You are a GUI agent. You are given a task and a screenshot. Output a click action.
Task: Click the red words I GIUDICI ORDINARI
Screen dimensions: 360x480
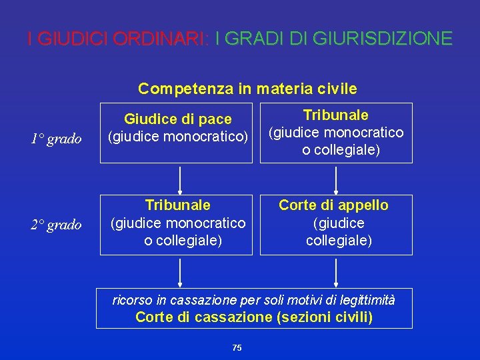[117, 39]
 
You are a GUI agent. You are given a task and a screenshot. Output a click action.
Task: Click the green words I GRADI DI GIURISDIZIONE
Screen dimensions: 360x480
[333, 39]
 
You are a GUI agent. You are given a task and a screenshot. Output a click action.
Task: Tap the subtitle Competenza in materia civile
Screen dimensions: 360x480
[247, 89]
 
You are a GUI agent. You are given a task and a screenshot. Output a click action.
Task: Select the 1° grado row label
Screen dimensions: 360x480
[56, 139]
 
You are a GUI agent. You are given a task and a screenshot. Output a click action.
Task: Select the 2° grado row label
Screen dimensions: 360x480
[56, 225]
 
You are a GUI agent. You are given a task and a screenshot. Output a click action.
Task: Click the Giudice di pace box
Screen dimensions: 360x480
[177, 133]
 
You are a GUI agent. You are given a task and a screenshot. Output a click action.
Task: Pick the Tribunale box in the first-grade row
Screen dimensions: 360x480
[336, 133]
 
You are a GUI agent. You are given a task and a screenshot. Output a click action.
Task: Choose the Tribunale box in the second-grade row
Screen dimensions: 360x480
[177, 225]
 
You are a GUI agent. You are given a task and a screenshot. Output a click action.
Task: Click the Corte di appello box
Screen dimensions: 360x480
[336, 225]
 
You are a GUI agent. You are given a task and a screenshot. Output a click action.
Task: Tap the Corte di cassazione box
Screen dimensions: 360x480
[254, 308]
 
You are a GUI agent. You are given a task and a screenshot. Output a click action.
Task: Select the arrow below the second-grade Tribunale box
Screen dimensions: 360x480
[179, 271]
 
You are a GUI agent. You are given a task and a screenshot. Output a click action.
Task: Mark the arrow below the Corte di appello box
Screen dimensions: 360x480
[335, 271]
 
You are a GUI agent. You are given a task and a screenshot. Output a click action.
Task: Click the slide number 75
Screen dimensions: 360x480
[237, 348]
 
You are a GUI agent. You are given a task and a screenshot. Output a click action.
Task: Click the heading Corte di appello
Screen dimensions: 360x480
[333, 205]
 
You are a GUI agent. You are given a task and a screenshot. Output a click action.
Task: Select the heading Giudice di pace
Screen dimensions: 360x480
[178, 119]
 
